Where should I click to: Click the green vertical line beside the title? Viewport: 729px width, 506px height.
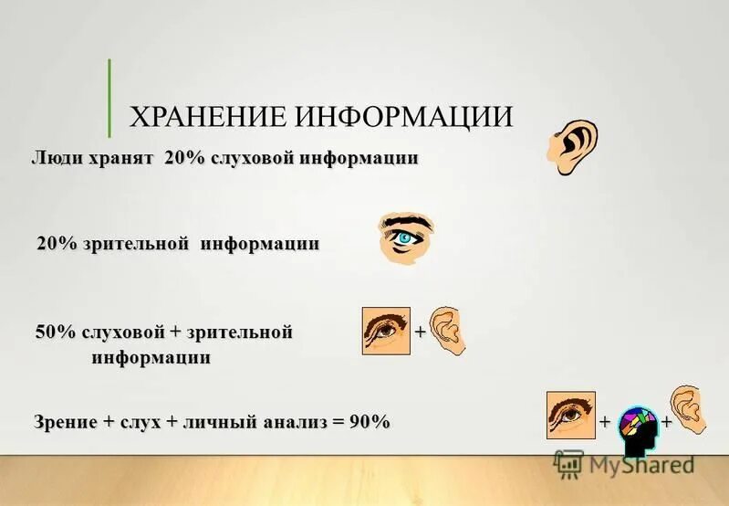[x=109, y=98]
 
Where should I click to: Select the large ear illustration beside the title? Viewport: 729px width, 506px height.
[x=574, y=146]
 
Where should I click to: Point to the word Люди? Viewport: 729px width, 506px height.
[x=57, y=158]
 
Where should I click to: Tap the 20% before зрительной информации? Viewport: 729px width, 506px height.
[x=57, y=244]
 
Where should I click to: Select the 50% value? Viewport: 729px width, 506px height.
[x=55, y=332]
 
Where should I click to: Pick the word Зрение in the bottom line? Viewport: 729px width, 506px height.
[x=66, y=422]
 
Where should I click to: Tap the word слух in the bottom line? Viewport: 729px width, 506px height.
[x=143, y=422]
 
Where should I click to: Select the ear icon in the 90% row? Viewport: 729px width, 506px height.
[x=686, y=409]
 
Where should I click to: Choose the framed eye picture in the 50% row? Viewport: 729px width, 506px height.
[x=386, y=330]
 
